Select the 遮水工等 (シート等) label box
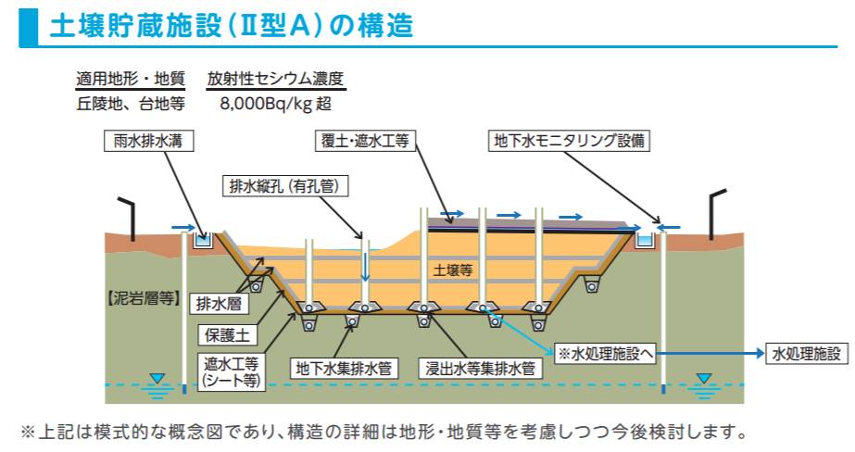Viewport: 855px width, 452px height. point(232,370)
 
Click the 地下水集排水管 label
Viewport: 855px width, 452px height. point(342,368)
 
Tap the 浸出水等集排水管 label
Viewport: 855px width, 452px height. point(478,368)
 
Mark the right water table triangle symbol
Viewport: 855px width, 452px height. point(705,379)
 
